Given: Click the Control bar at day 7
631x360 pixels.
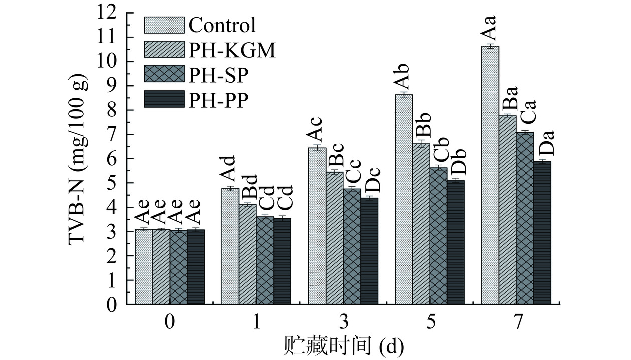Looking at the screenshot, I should (x=490, y=175).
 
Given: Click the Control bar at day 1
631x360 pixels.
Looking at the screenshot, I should (x=230, y=246).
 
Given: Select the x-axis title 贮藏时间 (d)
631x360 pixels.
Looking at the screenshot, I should (x=343, y=345).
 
